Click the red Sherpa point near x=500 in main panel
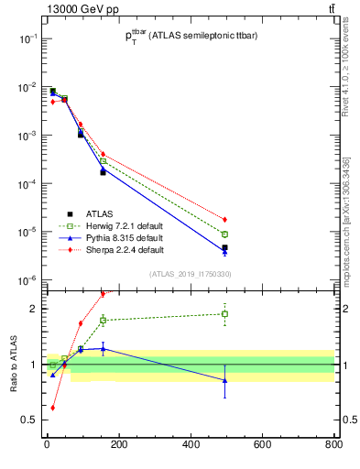click(x=224, y=220)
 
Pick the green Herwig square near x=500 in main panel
click(x=224, y=234)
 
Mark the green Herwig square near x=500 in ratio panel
click(x=224, y=314)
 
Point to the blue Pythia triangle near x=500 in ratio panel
click(x=224, y=380)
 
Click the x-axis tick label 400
click(x=191, y=446)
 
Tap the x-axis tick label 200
click(x=118, y=446)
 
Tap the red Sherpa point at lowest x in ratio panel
click(x=52, y=408)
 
